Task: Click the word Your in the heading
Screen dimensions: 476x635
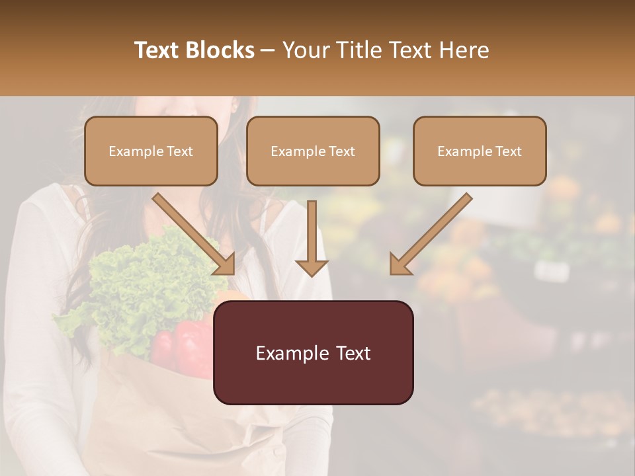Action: (304, 50)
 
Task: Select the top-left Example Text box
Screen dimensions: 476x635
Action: (151, 151)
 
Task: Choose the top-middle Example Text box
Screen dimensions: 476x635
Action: (313, 151)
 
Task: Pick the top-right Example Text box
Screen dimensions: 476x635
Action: (480, 151)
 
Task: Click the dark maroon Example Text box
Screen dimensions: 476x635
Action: (313, 352)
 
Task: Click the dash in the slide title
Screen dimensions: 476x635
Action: (269, 51)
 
